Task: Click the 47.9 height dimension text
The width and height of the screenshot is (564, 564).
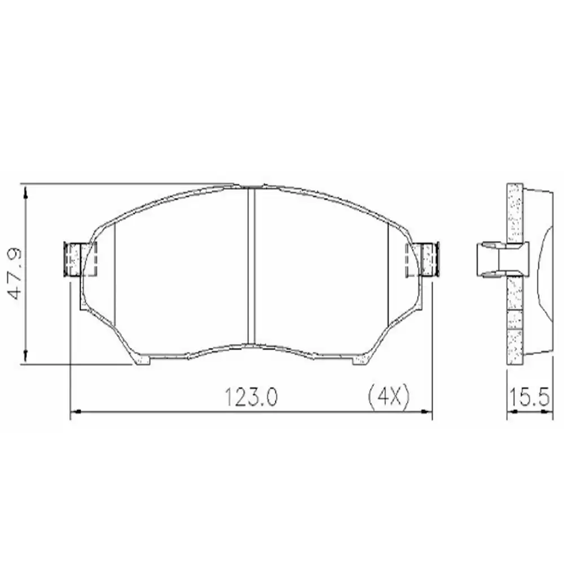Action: [14, 274]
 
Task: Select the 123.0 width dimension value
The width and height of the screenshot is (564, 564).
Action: [252, 398]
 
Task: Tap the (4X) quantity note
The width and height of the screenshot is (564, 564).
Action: [388, 398]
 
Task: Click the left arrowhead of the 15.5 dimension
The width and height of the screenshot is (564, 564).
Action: [511, 413]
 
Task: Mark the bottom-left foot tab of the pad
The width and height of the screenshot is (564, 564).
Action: [140, 360]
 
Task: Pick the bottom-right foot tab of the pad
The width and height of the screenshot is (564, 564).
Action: [360, 360]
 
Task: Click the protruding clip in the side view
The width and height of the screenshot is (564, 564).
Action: [496, 260]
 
